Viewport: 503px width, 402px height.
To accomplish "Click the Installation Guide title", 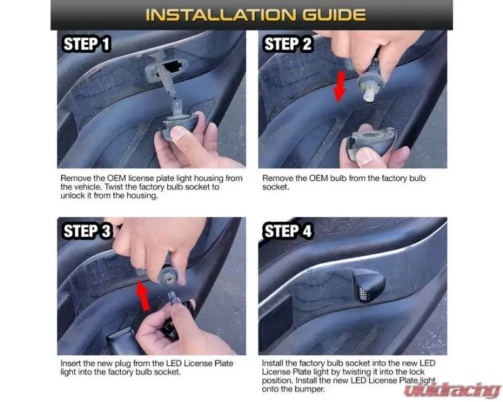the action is pos(256,14).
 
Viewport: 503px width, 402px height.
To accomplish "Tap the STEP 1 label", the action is pos(87,44).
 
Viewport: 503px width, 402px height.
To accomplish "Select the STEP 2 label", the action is pos(287,44).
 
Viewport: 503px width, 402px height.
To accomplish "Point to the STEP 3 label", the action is pos(87,231).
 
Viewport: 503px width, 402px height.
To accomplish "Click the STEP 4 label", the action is pos(287,231).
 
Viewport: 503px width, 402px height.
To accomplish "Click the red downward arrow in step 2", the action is pos(340,87).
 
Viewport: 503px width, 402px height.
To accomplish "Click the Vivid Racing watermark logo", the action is pos(452,390).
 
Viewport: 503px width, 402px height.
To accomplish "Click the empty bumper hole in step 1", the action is pos(173,67).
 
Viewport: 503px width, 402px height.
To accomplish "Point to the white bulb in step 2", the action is pos(369,95).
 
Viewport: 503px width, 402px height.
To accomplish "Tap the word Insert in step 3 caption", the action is pos(70,364).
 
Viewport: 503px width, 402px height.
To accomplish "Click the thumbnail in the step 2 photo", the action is pos(364,157).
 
